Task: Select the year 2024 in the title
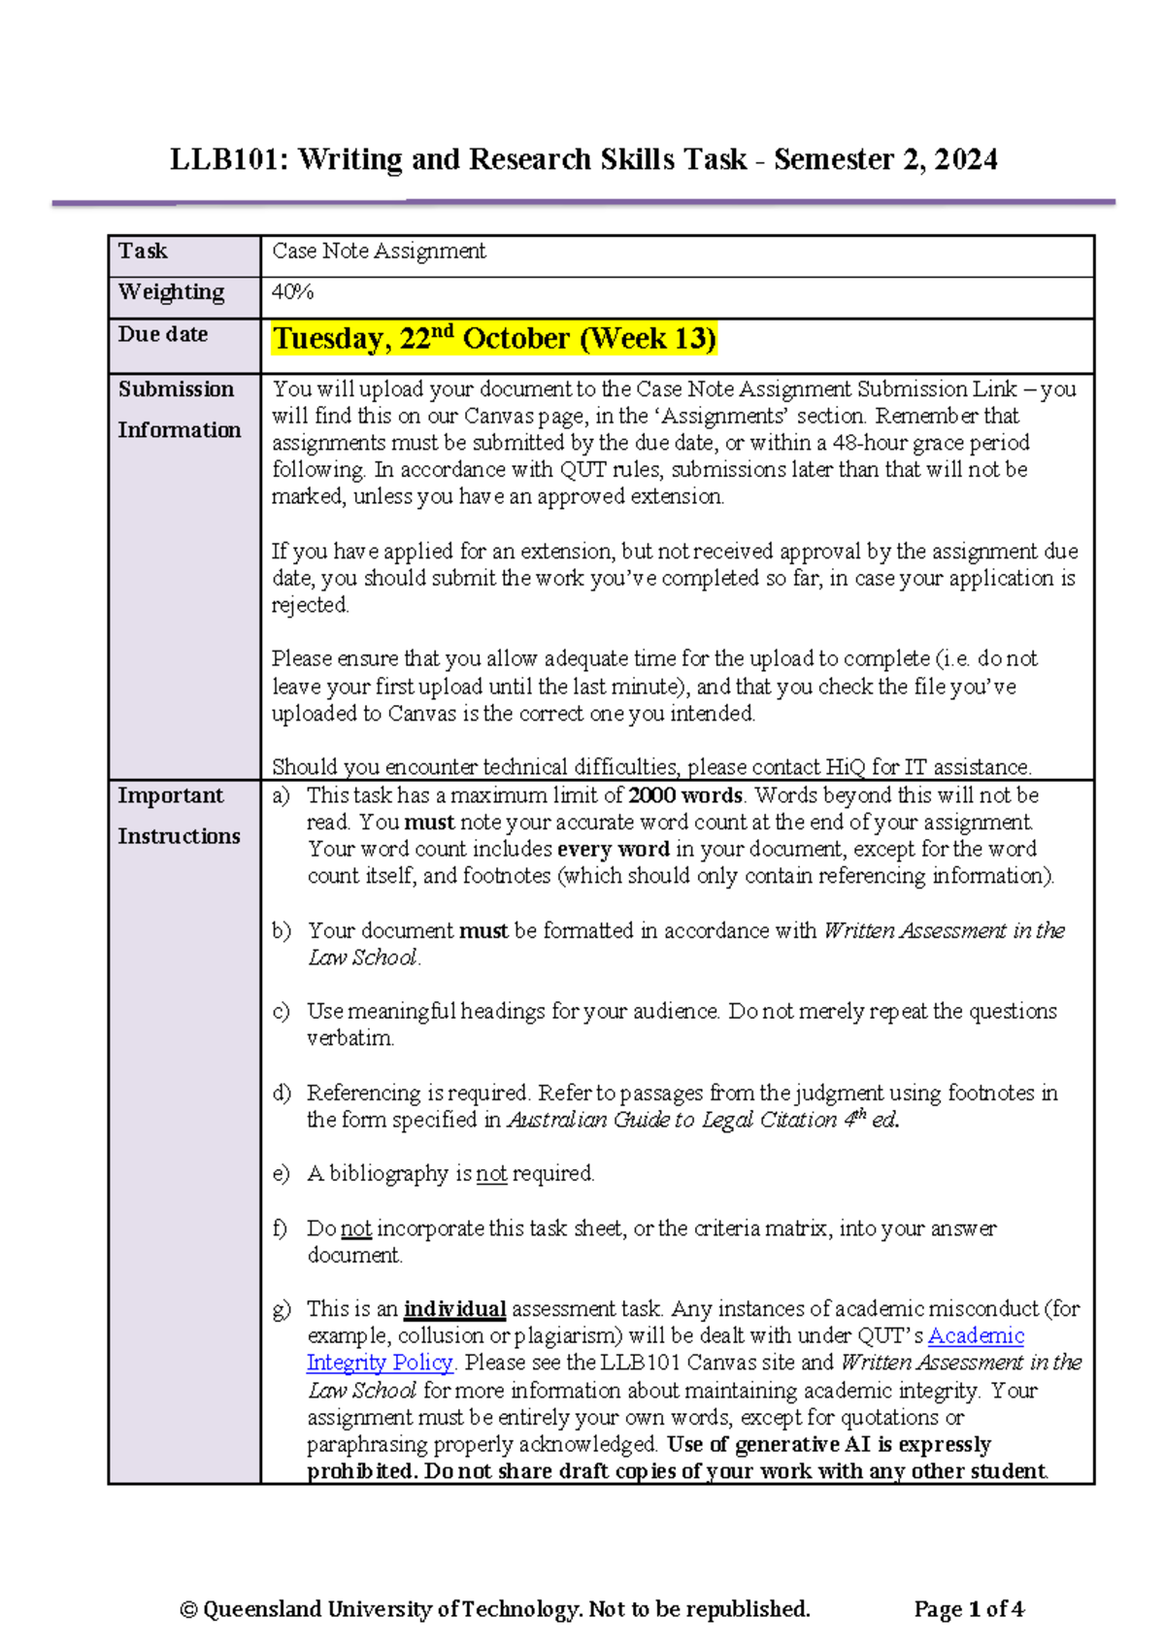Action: pyautogui.click(x=965, y=159)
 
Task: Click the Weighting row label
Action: pyautogui.click(x=171, y=292)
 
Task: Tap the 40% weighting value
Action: pyautogui.click(x=292, y=292)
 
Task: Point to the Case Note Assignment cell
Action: pyautogui.click(x=379, y=252)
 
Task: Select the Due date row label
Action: pyautogui.click(x=163, y=334)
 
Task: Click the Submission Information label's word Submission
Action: pyautogui.click(x=176, y=389)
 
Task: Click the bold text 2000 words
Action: pyautogui.click(x=684, y=795)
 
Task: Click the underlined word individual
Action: pyautogui.click(x=454, y=1309)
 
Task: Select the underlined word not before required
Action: pyautogui.click(x=491, y=1174)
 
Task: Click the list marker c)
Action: pyautogui.click(x=282, y=1011)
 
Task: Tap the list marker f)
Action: pyautogui.click(x=281, y=1228)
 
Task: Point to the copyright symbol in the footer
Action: pyautogui.click(x=188, y=1609)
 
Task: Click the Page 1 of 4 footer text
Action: pyautogui.click(x=968, y=1609)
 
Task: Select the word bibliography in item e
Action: pyautogui.click(x=388, y=1174)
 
